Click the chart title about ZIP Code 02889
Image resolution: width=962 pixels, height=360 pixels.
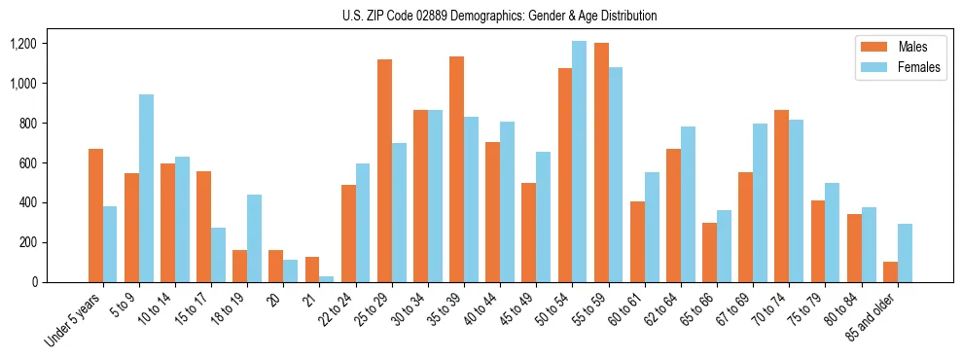click(500, 16)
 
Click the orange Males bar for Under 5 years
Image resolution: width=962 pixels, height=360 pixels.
click(95, 215)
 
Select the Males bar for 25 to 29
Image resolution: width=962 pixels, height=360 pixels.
click(384, 170)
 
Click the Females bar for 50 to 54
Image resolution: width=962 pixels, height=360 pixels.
click(579, 162)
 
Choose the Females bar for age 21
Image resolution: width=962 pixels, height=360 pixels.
click(327, 279)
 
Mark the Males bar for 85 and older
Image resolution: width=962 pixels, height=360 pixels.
click(890, 271)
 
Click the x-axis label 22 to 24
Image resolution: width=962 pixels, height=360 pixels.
click(348, 309)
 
